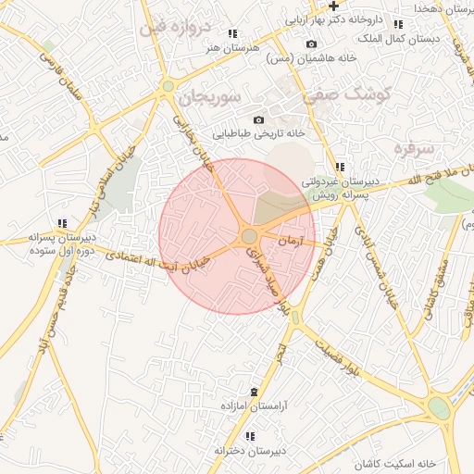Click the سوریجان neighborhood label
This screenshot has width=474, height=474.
[211, 95]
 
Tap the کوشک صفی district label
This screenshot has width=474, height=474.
[354, 94]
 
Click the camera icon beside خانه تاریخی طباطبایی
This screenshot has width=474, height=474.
[258, 119]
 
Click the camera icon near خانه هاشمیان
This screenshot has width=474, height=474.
[311, 44]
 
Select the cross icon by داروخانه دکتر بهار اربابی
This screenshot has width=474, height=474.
[333, 6]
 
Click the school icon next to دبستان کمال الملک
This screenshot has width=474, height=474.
[398, 24]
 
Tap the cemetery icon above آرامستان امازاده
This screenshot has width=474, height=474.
[255, 393]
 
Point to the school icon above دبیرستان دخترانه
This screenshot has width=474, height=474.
[249, 436]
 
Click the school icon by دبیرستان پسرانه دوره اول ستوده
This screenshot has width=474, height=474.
[62, 223]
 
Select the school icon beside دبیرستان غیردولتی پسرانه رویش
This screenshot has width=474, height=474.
[340, 167]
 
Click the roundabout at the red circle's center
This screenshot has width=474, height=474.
[249, 237]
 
